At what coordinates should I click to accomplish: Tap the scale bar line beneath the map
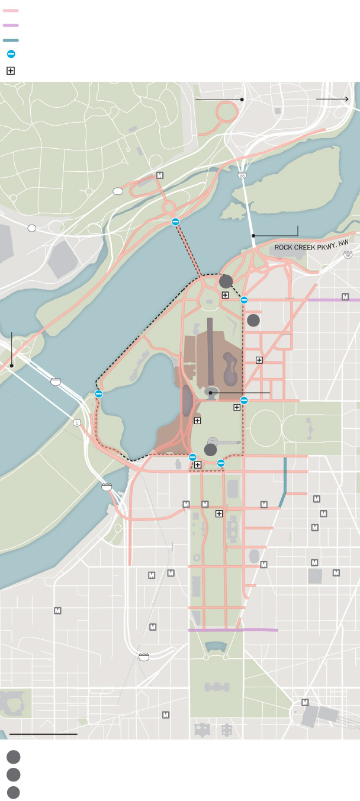[x=43, y=734]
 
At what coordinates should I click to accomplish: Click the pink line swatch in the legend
[x=11, y=11]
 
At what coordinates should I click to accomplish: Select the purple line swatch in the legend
[x=11, y=25]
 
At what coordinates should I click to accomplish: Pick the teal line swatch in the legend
[x=11, y=40]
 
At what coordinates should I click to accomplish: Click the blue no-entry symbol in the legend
[x=11, y=55]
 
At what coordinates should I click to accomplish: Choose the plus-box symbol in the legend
[x=11, y=71]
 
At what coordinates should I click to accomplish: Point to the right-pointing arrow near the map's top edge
[x=333, y=100]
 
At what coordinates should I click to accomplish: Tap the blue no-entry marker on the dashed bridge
[x=175, y=222]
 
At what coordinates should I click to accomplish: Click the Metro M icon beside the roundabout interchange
[x=160, y=175]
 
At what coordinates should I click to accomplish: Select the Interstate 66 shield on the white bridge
[x=242, y=175]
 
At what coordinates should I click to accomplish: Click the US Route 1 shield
[x=77, y=422]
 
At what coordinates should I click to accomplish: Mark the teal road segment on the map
[x=285, y=474]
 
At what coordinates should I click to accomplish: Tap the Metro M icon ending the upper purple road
[x=345, y=296]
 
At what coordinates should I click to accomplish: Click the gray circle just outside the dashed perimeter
[x=253, y=321]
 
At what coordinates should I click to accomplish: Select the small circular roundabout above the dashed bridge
[x=168, y=208]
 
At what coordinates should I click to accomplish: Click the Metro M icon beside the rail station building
[x=306, y=702]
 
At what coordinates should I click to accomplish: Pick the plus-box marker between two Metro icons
[x=219, y=514]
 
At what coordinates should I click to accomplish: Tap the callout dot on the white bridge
[x=253, y=236]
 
